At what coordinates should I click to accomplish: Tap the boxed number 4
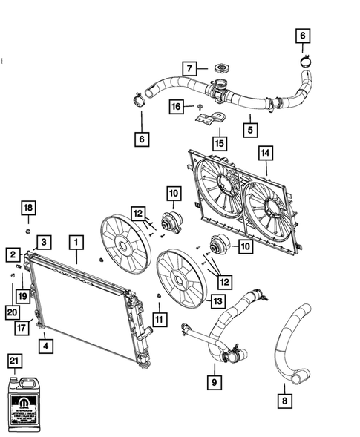point(45,345)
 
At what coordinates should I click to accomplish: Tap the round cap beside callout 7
point(220,69)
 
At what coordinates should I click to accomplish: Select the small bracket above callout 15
point(210,114)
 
